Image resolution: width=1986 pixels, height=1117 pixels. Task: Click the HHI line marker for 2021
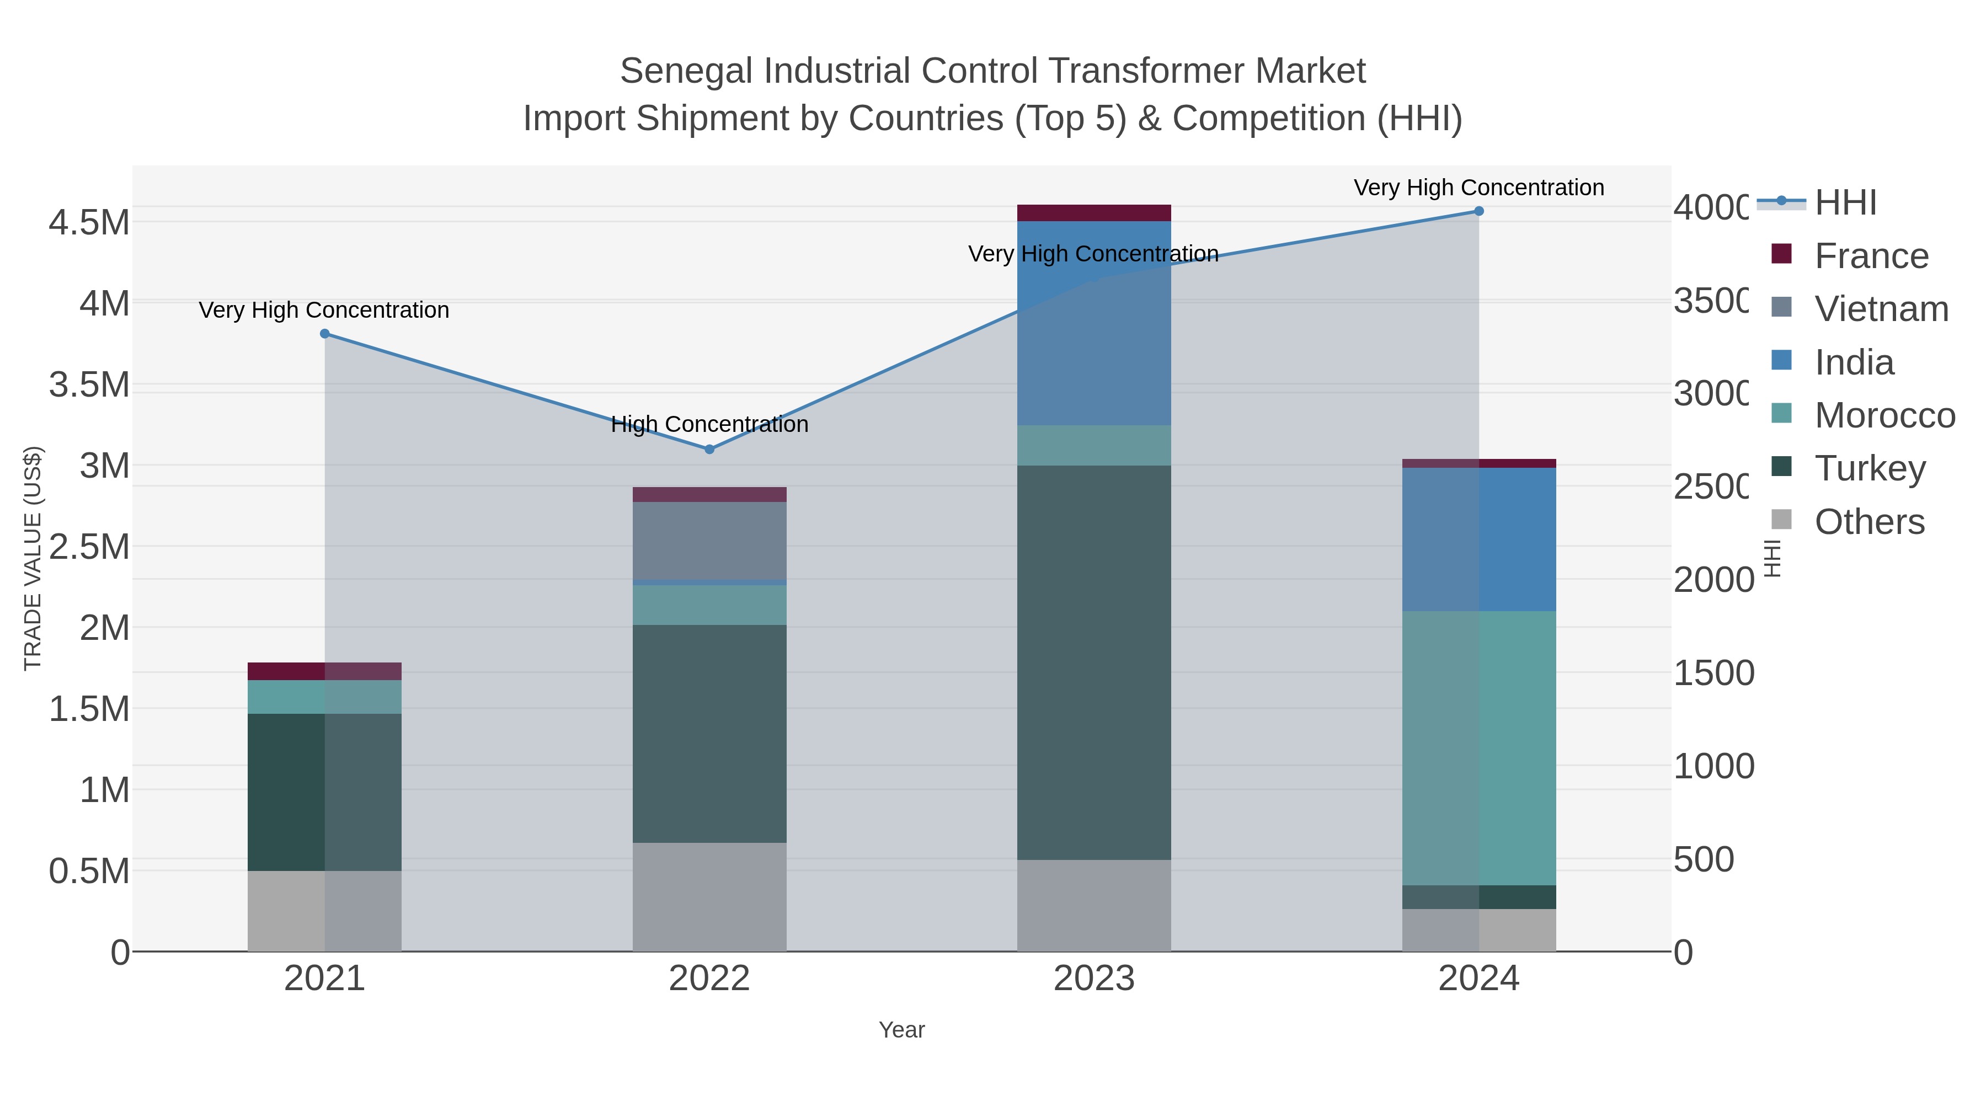point(324,334)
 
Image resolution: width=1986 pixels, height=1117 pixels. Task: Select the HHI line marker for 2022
point(709,448)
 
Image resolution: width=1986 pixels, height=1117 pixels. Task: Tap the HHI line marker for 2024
point(1478,211)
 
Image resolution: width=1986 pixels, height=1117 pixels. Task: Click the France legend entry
point(1871,256)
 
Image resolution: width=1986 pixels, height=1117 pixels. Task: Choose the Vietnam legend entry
point(1881,309)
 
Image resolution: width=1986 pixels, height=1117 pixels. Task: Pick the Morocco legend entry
point(1884,415)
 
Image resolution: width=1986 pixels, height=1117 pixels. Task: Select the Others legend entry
point(1869,522)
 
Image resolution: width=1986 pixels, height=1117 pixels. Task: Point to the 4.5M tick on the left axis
point(89,223)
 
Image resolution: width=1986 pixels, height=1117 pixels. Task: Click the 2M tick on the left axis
point(104,628)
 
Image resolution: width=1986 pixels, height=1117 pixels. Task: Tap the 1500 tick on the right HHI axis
point(1713,673)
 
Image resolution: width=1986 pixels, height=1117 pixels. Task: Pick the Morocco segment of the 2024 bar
point(1478,748)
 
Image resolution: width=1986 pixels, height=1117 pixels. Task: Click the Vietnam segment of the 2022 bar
point(709,541)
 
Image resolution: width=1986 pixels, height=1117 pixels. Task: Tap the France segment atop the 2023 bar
point(1094,213)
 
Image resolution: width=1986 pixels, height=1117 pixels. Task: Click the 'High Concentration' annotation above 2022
point(709,424)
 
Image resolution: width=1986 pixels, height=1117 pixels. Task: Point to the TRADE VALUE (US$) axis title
point(33,558)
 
